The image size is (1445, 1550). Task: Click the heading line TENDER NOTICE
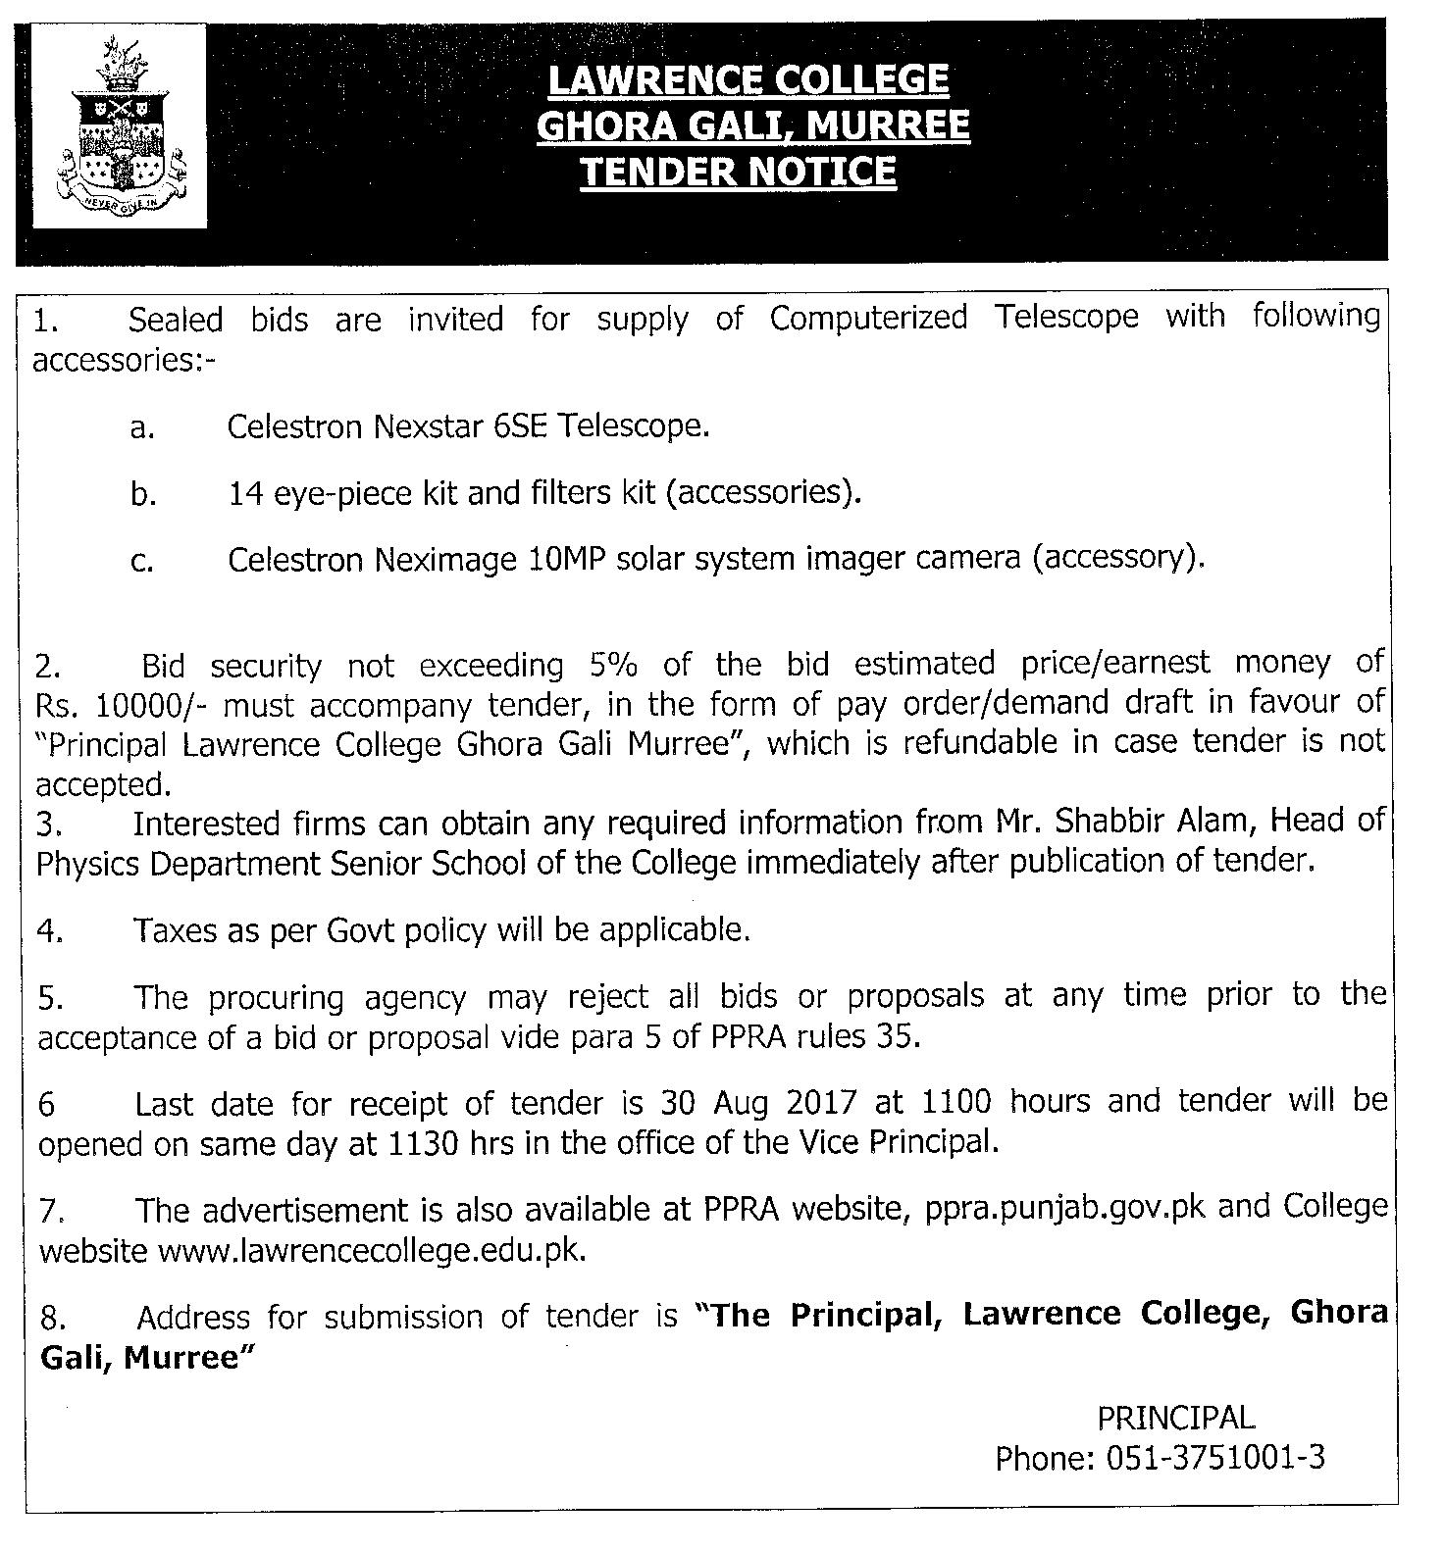tap(738, 172)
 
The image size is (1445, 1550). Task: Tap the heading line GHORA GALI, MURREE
tap(752, 125)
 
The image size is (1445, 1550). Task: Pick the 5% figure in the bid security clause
tap(613, 665)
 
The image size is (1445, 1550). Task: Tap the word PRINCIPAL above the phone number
tap(1175, 1417)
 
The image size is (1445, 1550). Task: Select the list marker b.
tap(143, 494)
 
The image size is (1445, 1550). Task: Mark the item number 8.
tap(51, 1319)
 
